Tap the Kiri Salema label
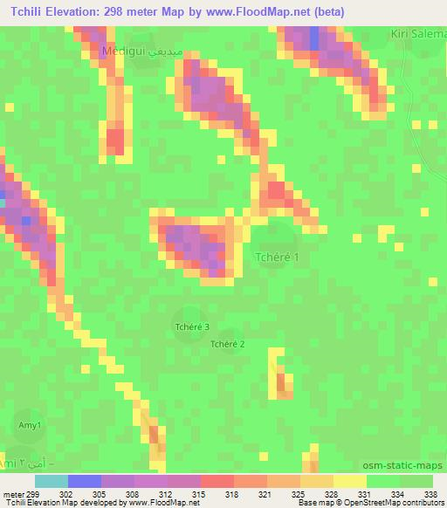(419, 32)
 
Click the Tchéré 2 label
(228, 344)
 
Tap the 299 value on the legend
(23, 493)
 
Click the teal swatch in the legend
(52, 481)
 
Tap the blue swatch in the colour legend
(85, 481)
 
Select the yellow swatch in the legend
(349, 481)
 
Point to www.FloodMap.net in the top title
(267, 11)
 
